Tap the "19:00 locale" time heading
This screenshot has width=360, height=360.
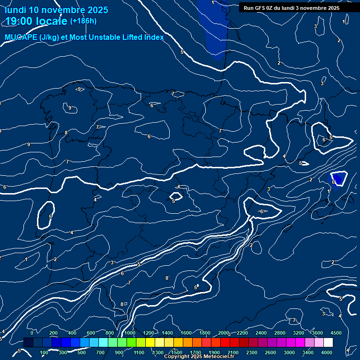pyautogui.click(x=37, y=21)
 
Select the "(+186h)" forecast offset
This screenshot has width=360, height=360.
pyautogui.click(x=83, y=21)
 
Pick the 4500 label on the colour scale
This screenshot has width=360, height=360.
pyautogui.click(x=336, y=333)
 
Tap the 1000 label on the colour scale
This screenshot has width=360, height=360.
pyautogui.click(x=130, y=333)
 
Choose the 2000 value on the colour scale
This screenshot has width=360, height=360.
pyautogui.click(x=224, y=333)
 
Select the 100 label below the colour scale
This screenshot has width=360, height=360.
pyautogui.click(x=45, y=352)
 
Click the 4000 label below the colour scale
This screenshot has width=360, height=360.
pyautogui.click(x=327, y=352)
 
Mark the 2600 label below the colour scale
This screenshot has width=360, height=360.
pyautogui.click(x=270, y=352)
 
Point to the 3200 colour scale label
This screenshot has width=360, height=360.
pyautogui.click(x=299, y=333)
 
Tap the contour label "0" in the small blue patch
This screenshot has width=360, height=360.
pyautogui.click(x=333, y=182)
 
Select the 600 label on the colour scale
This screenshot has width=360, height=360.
pyautogui.click(x=91, y=333)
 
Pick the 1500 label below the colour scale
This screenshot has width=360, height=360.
pyautogui.click(x=177, y=352)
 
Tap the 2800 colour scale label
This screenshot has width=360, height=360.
pyautogui.click(x=280, y=333)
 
